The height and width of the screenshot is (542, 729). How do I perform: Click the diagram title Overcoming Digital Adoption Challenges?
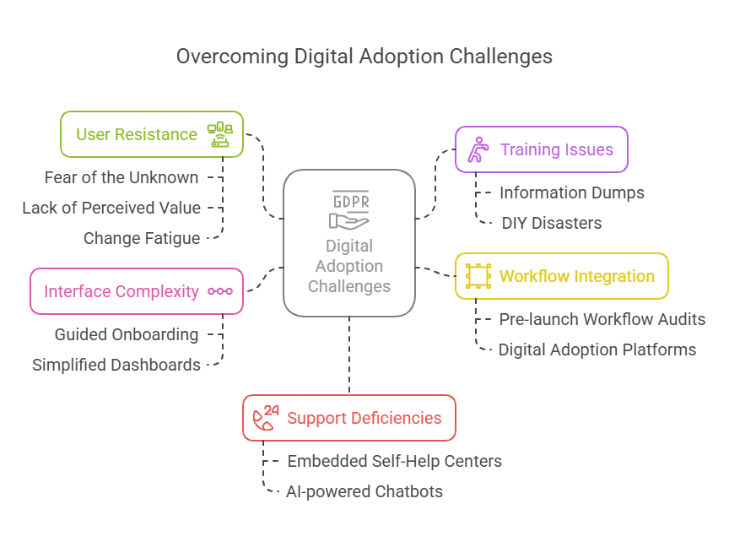(x=364, y=57)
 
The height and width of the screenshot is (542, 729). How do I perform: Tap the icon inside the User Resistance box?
(x=219, y=134)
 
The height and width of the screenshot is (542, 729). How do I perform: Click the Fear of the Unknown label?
(x=121, y=177)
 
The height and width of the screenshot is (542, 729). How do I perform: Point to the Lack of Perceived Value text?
(x=111, y=208)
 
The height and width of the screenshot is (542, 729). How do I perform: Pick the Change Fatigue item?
(x=142, y=238)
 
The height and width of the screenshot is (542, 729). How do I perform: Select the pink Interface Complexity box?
(x=121, y=291)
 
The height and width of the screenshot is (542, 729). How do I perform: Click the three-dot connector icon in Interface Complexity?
(x=220, y=291)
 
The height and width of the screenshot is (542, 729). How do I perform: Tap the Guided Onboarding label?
(x=127, y=334)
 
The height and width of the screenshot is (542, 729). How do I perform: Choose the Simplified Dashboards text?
(x=116, y=365)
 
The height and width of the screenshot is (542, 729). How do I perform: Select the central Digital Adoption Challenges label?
(x=349, y=266)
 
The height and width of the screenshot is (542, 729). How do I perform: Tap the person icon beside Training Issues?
(x=478, y=149)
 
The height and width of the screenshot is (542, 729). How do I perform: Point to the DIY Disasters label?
(x=552, y=223)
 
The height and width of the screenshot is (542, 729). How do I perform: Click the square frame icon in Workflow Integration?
(x=478, y=276)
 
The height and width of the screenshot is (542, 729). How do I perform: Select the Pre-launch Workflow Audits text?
(x=602, y=319)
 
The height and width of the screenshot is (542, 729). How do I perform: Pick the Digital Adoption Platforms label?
(x=597, y=350)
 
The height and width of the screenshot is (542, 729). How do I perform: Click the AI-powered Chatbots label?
(x=364, y=491)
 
